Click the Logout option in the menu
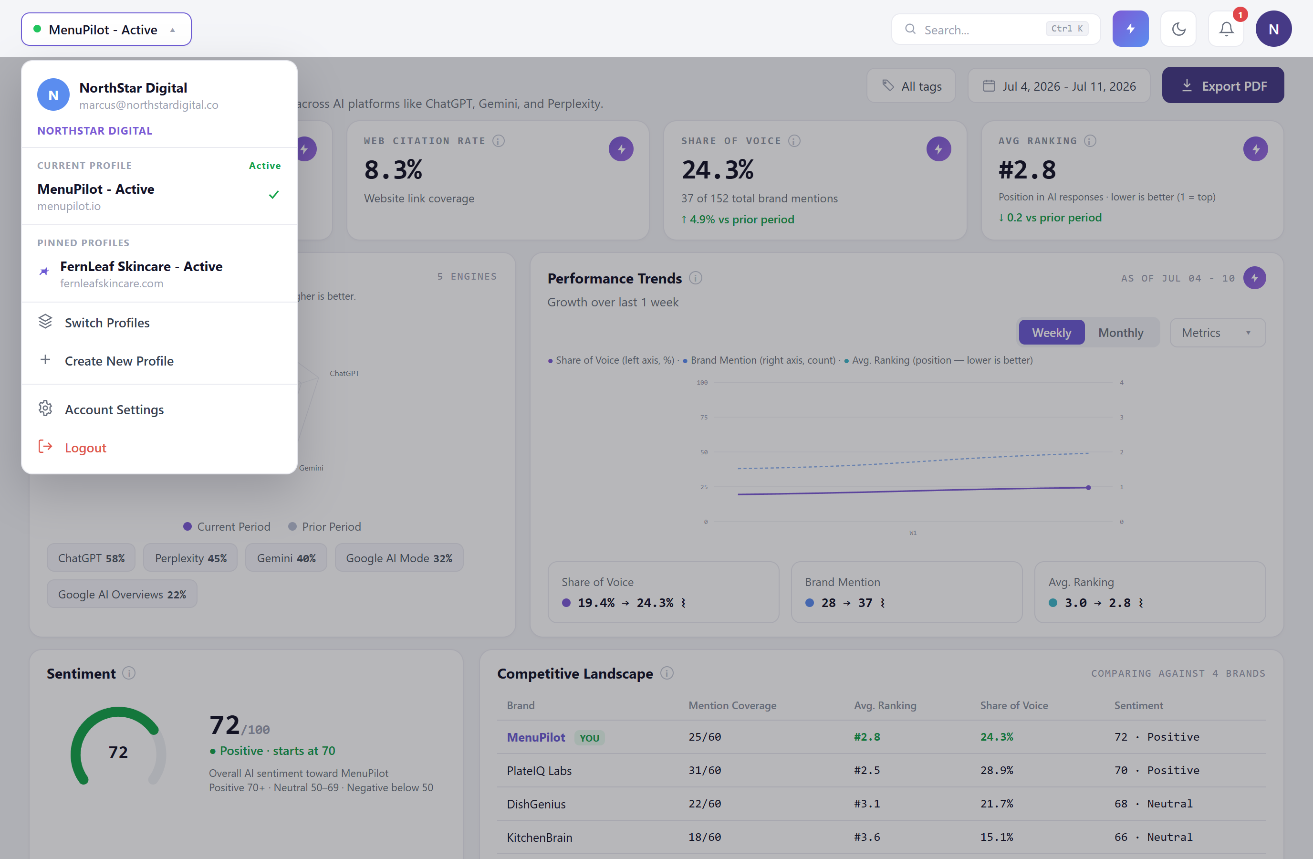click(x=85, y=448)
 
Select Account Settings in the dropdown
click(x=114, y=409)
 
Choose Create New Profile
click(x=119, y=361)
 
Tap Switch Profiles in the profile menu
click(x=107, y=323)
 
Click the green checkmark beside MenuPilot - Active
click(x=274, y=195)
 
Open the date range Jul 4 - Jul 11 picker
click(x=1059, y=86)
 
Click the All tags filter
click(x=911, y=86)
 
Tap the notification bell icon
click(x=1226, y=29)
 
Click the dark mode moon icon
click(x=1178, y=29)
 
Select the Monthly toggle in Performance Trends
click(x=1120, y=333)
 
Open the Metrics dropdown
click(x=1217, y=333)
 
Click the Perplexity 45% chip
click(x=190, y=558)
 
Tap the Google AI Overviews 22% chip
click(x=122, y=594)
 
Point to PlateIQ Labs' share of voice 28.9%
click(x=996, y=770)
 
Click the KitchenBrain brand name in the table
click(x=539, y=838)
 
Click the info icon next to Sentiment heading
click(x=128, y=673)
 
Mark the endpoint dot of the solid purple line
click(x=1088, y=488)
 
